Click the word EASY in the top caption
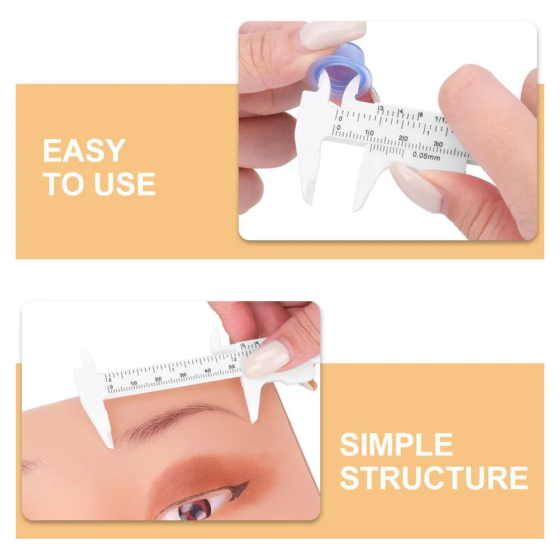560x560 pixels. [84, 151]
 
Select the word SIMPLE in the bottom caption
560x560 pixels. [396, 445]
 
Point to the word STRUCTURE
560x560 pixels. [434, 478]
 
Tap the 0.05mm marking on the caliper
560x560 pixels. [426, 157]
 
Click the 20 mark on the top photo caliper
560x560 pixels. [404, 138]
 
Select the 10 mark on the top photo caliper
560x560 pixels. [369, 132]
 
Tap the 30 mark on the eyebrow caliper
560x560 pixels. [183, 375]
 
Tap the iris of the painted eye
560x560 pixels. [196, 509]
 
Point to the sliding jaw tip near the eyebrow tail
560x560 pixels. [254, 419]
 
